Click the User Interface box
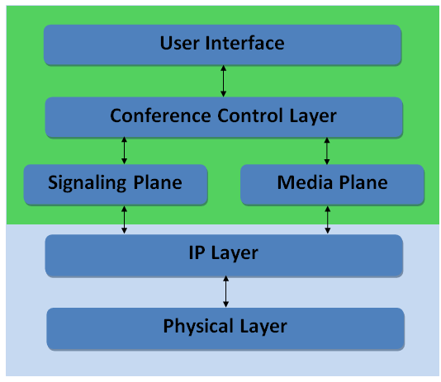[x=223, y=45]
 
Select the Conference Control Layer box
[x=223, y=116]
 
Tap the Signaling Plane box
[x=115, y=184]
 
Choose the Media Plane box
[x=332, y=184]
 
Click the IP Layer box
[x=223, y=254]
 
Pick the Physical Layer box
[x=225, y=328]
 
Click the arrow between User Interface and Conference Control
[x=223, y=81]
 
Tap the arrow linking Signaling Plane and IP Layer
[x=125, y=219]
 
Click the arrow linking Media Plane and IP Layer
[x=327, y=219]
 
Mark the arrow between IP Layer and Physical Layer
[x=225, y=292]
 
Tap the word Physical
[x=197, y=327]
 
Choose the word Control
[x=240, y=116]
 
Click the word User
[x=179, y=43]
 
